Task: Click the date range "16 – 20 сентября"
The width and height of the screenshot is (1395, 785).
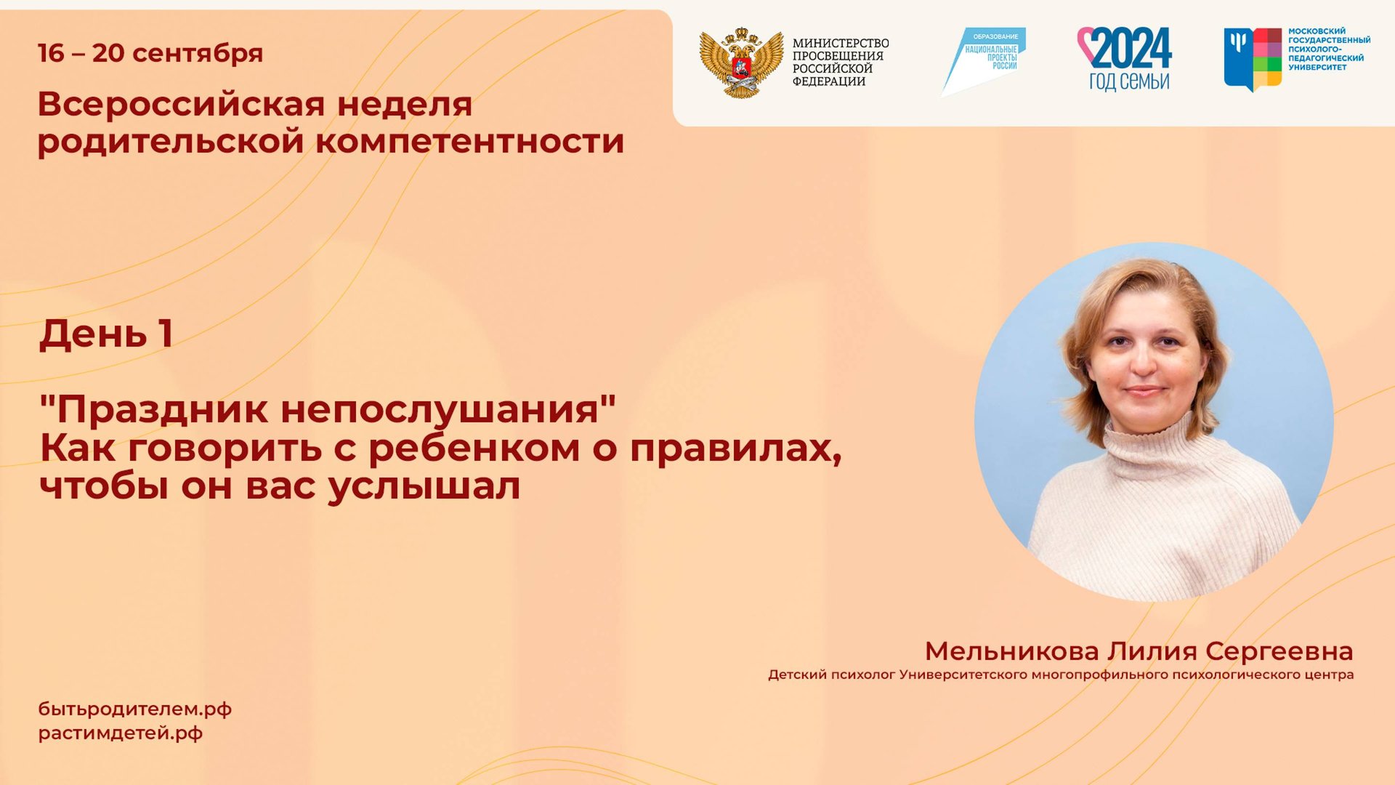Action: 150,53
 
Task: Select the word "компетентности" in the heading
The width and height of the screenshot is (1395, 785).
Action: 469,141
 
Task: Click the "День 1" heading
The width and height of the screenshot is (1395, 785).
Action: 106,334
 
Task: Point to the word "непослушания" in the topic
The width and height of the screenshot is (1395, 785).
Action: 440,410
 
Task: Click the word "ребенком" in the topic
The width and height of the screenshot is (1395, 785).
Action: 474,448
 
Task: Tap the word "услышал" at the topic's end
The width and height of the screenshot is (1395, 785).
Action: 424,486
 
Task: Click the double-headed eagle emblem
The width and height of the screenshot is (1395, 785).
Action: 741,63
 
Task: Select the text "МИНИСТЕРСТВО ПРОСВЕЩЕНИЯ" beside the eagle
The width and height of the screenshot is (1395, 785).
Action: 840,49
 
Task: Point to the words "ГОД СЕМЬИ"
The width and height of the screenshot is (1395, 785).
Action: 1129,81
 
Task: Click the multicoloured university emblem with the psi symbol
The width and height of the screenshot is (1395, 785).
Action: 1253,59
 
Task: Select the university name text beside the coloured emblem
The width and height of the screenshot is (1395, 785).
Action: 1329,49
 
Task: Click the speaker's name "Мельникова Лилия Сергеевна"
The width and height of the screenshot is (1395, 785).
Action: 1139,651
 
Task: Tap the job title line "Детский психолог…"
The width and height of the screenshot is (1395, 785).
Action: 1061,675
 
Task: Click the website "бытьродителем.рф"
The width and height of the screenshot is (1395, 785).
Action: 135,709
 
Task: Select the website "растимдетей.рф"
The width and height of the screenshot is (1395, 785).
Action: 121,733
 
